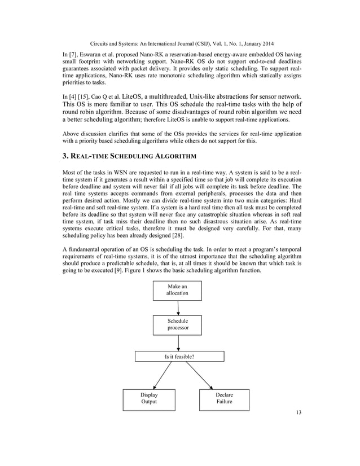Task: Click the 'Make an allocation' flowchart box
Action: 177,290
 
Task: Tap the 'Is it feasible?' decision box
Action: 179,356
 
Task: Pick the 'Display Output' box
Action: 149,398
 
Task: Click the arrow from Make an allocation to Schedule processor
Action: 178,307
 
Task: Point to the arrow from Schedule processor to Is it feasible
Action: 178,342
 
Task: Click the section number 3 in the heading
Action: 64,156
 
